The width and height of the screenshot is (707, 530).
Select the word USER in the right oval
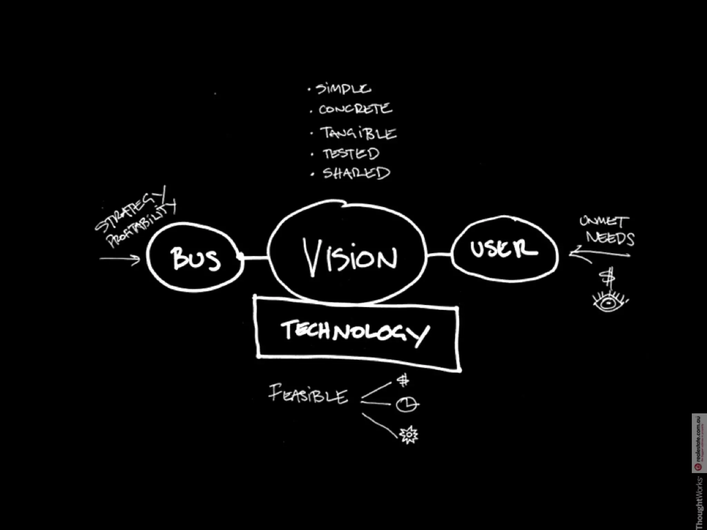[x=503, y=248]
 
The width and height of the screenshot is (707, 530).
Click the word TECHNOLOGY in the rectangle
[x=356, y=332]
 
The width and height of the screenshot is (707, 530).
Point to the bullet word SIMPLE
[x=343, y=89]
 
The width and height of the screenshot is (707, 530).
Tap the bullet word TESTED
[x=351, y=154]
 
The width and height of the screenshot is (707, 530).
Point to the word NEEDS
[x=610, y=238]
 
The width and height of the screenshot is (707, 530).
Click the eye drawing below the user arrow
[x=609, y=302]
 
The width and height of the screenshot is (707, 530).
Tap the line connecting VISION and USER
[x=439, y=255]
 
